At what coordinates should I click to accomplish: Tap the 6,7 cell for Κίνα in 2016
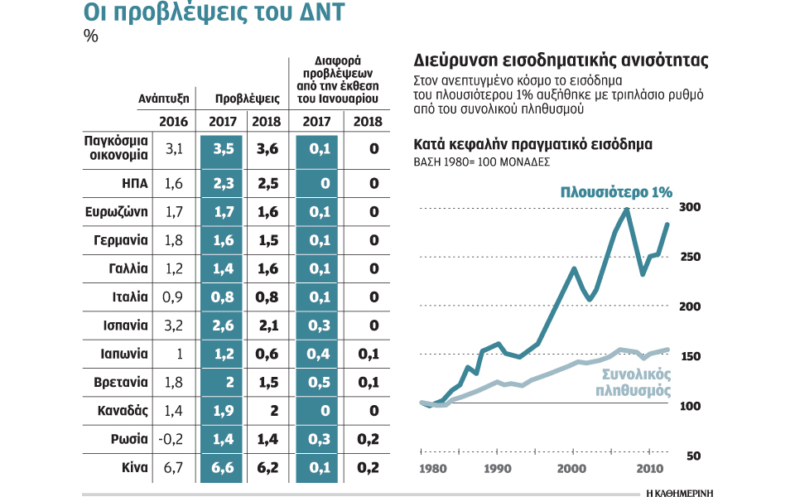(175, 468)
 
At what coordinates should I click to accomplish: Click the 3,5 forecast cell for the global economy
(223, 150)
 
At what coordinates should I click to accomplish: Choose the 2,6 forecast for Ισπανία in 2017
(223, 326)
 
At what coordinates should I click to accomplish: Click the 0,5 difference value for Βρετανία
(316, 383)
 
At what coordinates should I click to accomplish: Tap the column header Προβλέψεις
(246, 98)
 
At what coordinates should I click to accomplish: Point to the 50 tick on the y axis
(693, 456)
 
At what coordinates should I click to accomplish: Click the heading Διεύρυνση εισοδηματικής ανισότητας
(561, 61)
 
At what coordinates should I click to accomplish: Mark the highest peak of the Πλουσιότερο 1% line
(627, 210)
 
